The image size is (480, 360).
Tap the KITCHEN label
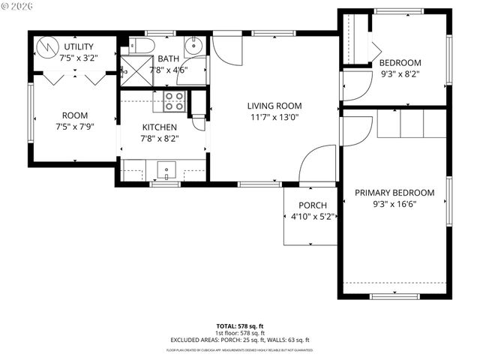pyautogui.click(x=159, y=127)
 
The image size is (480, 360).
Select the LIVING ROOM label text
pyautogui.click(x=273, y=106)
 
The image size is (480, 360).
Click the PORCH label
pyautogui.click(x=312, y=205)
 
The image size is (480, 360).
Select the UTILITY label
pyautogui.click(x=79, y=46)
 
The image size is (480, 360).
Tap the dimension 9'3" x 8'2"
pyautogui.click(x=399, y=74)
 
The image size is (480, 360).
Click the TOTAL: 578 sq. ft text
pyautogui.click(x=240, y=326)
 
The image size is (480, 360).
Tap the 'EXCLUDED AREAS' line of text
pyautogui.click(x=240, y=340)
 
